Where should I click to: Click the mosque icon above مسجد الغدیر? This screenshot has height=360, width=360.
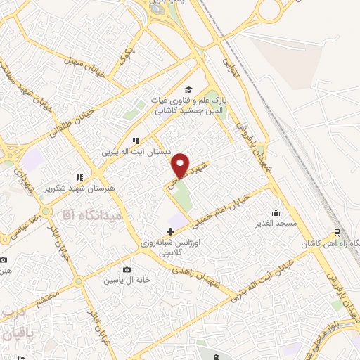click(276, 212)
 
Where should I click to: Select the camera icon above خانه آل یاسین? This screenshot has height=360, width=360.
click(127, 270)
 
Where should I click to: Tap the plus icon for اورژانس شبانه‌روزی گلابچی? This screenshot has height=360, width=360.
click(170, 231)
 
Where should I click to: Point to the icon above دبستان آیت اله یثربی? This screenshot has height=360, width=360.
click(135, 141)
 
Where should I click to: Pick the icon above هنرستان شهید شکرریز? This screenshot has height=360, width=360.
click(80, 178)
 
